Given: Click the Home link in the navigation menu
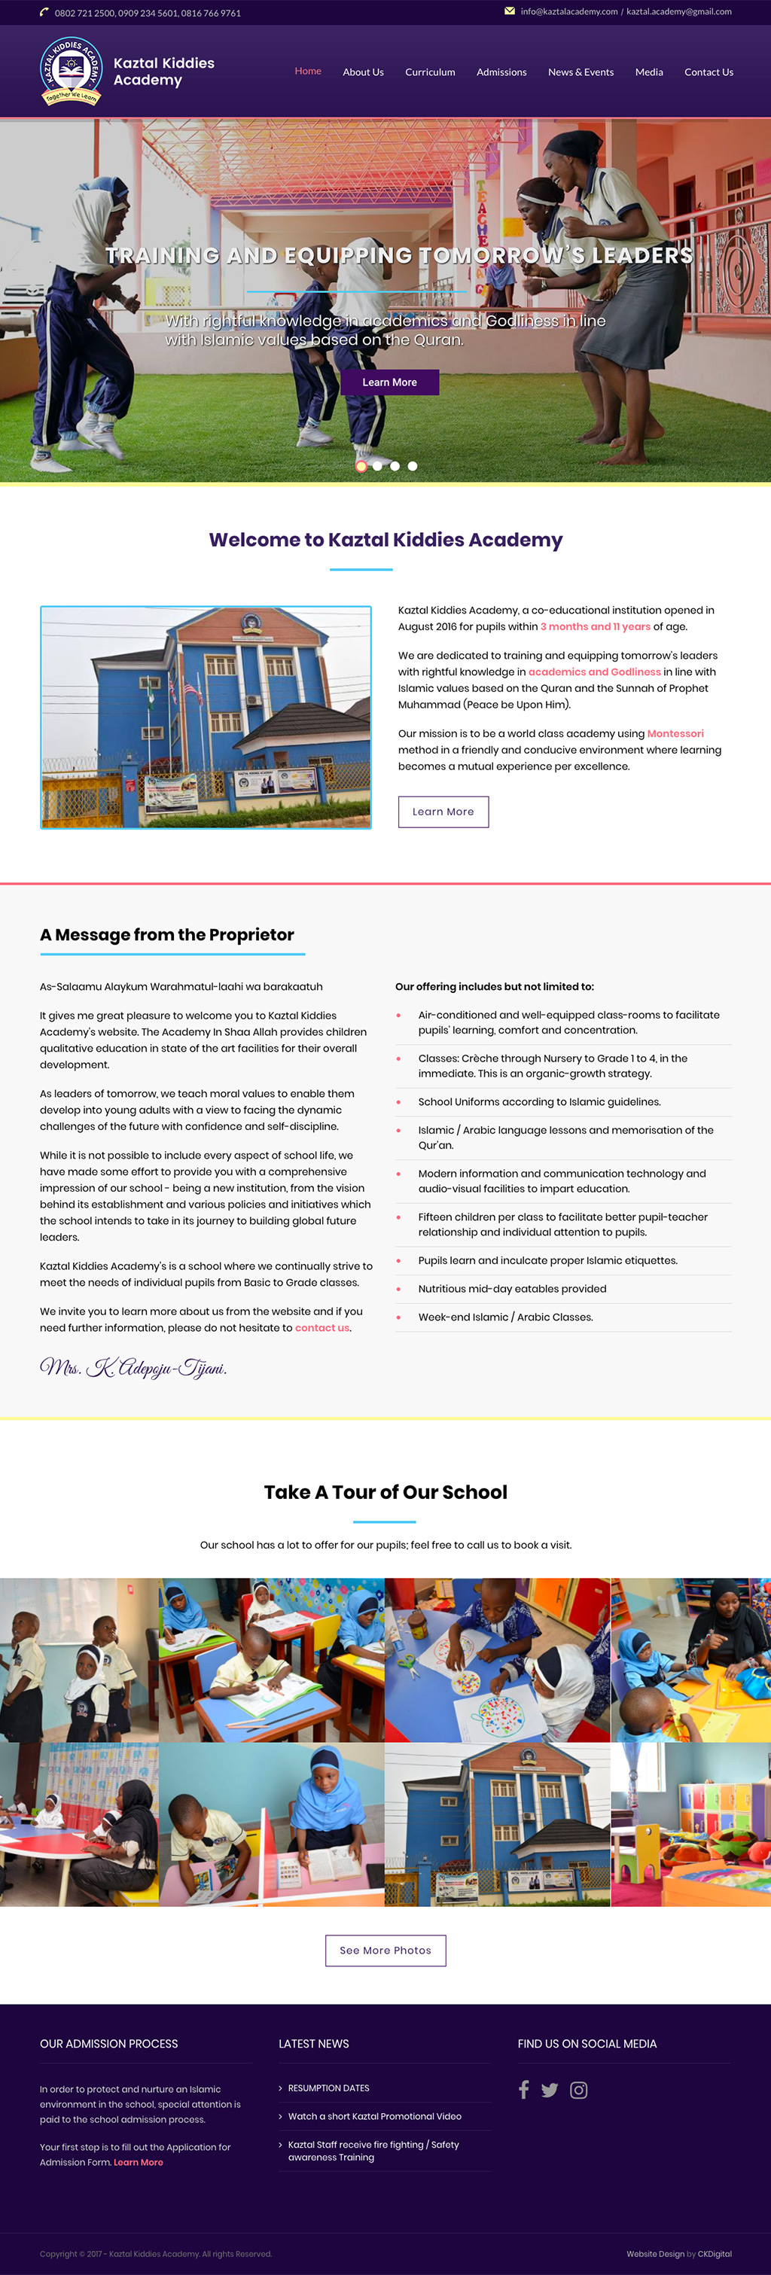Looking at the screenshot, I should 307,72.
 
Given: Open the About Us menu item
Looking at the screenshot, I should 363,72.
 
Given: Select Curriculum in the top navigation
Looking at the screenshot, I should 430,72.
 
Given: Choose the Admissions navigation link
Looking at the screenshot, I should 501,72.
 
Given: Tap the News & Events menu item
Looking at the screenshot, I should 581,72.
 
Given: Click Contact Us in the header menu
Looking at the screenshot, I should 709,72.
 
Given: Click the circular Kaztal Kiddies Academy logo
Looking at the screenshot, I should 71,72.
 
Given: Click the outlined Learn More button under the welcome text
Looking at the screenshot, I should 443,812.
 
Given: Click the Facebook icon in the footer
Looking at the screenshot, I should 524,2090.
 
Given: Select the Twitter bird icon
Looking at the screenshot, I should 550,2090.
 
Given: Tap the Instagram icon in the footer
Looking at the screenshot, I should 578,2090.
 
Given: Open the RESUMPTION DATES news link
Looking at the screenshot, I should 328,2088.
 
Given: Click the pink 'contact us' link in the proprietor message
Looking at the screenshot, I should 322,1327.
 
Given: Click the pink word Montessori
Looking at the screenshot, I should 675,734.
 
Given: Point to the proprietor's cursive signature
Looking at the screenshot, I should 133,1368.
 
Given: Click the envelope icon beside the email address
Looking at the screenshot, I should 510,11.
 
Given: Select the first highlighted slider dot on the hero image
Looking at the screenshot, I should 361,466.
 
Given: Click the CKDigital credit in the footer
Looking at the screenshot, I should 715,2254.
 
